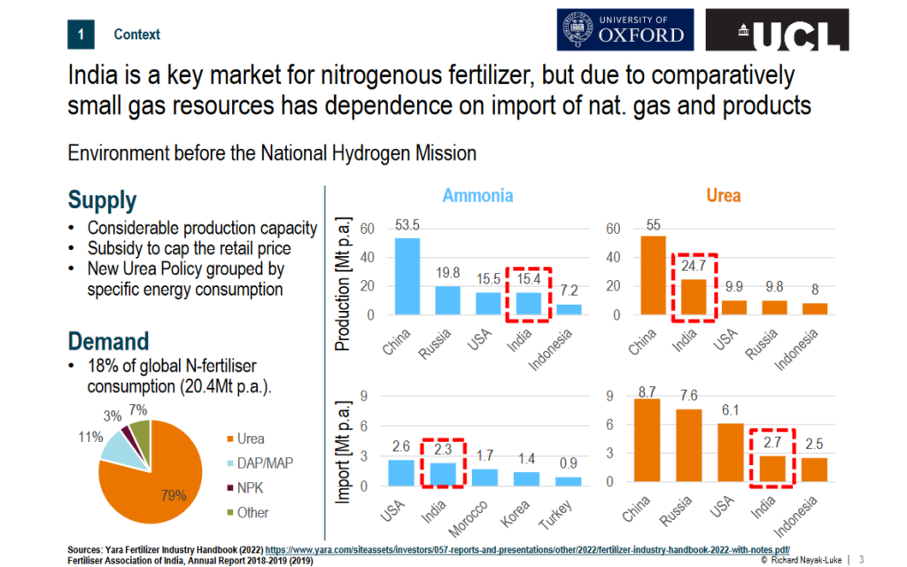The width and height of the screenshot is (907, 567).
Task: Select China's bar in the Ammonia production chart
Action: [407, 276]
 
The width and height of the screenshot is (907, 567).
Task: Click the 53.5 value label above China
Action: [407, 225]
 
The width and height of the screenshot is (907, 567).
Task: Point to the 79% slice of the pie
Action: [146, 483]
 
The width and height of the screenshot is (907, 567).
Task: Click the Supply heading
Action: [102, 200]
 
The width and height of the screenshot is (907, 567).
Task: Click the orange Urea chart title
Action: [723, 195]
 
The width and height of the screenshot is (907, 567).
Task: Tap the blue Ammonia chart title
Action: [477, 195]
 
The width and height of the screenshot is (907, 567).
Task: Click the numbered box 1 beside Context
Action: [81, 35]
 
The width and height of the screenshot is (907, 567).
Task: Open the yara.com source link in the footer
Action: [527, 549]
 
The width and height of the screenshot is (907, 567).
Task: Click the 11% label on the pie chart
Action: [89, 437]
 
